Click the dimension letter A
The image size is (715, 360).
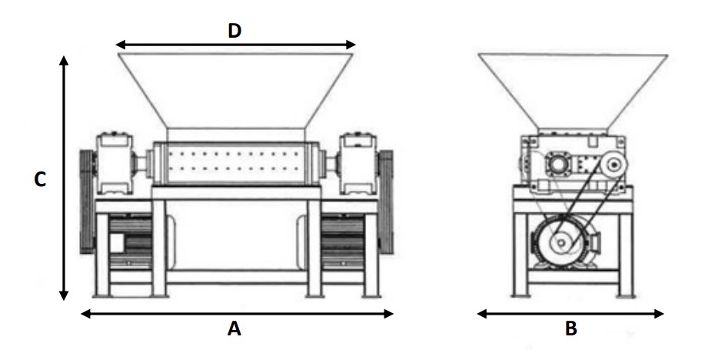tap(234, 328)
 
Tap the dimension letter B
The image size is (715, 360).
tap(571, 328)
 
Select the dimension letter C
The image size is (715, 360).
tap(40, 180)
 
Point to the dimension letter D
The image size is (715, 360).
tap(234, 31)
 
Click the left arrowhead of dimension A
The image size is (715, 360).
tap(85, 313)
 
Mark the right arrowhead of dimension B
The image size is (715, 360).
tap(659, 313)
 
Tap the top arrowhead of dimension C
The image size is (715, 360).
tap(65, 60)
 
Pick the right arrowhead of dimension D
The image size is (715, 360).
tap(351, 45)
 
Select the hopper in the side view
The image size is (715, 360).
tap(573, 92)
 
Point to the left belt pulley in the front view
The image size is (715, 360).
tap(87, 202)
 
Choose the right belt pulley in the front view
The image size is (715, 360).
tap(386, 202)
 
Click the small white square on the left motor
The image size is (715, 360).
tap(117, 243)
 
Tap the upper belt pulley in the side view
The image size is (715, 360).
tap(614, 164)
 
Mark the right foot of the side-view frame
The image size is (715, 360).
tap(625, 295)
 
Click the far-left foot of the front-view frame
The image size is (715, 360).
tap(101, 295)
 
